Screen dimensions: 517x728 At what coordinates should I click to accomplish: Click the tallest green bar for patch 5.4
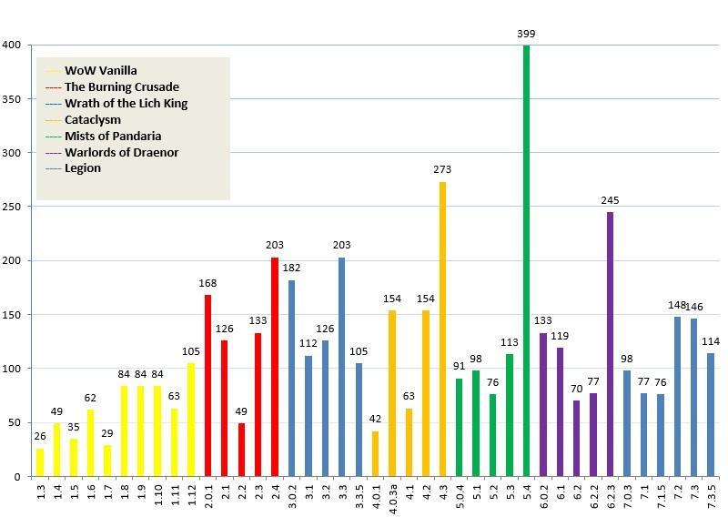[526, 260]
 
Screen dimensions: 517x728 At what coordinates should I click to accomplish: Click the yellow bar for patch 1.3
[40, 462]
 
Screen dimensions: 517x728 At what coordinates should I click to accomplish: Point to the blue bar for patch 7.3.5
[711, 414]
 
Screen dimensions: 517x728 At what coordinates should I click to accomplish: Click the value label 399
[526, 34]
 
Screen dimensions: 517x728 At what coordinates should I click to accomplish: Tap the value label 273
[442, 169]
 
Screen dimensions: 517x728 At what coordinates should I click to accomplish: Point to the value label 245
[610, 200]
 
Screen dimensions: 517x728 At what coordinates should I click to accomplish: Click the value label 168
[208, 283]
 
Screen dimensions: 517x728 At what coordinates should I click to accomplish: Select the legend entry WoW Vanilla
[101, 70]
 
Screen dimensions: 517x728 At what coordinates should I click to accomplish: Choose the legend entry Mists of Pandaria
[113, 136]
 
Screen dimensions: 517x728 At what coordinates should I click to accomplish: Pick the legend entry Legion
[83, 167]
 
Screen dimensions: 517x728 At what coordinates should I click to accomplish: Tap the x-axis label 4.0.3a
[392, 497]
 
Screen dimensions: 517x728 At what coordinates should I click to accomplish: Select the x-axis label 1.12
[191, 494]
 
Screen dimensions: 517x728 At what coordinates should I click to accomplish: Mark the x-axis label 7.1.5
[661, 495]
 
